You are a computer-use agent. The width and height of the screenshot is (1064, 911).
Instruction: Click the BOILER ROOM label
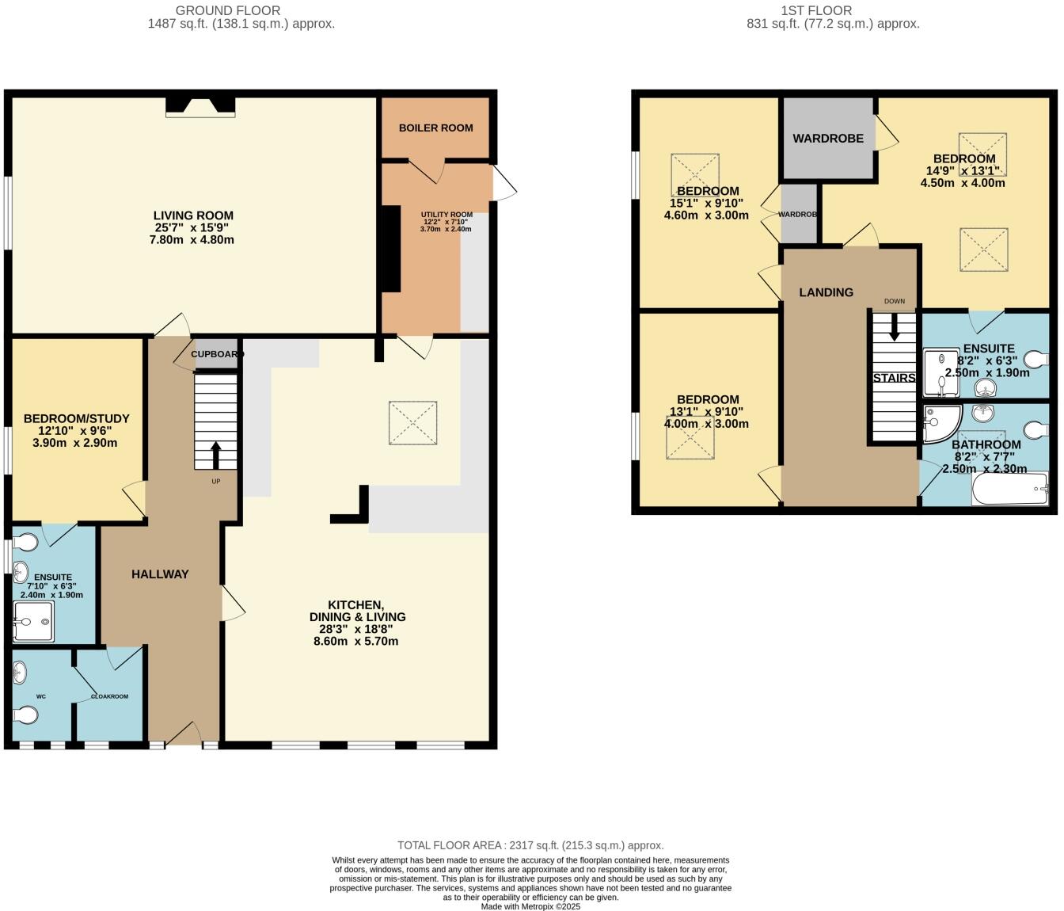pyautogui.click(x=435, y=128)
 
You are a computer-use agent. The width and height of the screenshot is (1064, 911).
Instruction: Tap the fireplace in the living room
pyautogui.click(x=200, y=106)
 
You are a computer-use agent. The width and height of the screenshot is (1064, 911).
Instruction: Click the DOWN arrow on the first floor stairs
pyautogui.click(x=894, y=327)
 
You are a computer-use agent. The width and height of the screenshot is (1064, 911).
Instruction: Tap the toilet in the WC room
pyautogui.click(x=26, y=715)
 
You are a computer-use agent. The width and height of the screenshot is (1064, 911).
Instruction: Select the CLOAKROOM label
pyautogui.click(x=109, y=696)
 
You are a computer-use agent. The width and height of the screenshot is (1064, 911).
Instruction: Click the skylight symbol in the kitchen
pyautogui.click(x=412, y=423)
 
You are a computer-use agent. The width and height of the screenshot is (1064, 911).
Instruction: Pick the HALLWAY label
pyautogui.click(x=160, y=574)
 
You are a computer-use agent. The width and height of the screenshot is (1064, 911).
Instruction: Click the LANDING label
pyautogui.click(x=826, y=292)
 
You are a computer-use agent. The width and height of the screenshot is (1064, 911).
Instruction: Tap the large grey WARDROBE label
pyautogui.click(x=828, y=139)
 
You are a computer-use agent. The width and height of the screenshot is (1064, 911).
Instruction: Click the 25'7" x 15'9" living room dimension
pyautogui.click(x=193, y=227)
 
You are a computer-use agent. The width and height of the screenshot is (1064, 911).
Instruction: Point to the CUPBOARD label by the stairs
pyautogui.click(x=216, y=354)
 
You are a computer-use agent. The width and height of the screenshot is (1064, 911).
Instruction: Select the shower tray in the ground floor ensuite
pyautogui.click(x=33, y=621)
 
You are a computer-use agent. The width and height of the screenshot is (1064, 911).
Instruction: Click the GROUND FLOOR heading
pyautogui.click(x=228, y=10)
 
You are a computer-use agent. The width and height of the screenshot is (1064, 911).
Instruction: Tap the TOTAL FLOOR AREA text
pyautogui.click(x=530, y=845)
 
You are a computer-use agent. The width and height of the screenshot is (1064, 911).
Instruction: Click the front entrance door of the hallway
pyautogui.click(x=184, y=734)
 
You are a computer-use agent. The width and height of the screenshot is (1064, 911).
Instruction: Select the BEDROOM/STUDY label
pyautogui.click(x=76, y=418)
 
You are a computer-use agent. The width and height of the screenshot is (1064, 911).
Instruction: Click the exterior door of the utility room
pyautogui.click(x=503, y=182)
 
